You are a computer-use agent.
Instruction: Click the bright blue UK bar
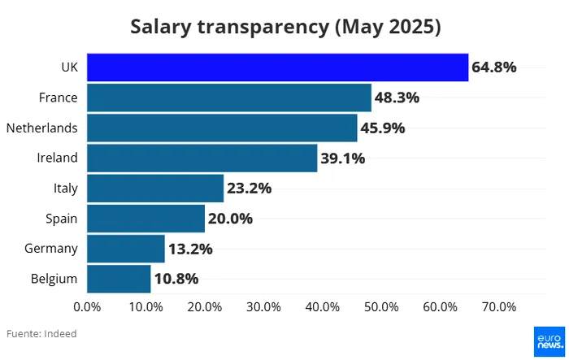277,67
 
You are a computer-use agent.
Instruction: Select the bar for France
228,98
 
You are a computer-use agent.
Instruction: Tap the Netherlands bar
222,128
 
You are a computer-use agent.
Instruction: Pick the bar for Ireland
202,158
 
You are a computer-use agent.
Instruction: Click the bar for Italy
154,188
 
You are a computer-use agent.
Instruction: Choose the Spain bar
146,218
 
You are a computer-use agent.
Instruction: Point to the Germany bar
126,248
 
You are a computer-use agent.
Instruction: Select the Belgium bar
119,278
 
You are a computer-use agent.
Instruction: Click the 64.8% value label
494,67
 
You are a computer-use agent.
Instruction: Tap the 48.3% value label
397,98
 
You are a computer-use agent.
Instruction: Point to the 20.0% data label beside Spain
230,218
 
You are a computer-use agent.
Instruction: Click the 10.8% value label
176,278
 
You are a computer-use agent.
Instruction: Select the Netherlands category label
41,128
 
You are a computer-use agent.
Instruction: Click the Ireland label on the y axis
57,158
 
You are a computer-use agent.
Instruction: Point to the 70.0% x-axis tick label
499,307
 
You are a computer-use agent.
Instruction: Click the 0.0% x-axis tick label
87,307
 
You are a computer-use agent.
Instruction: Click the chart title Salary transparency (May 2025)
284,27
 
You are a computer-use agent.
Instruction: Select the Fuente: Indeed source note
41,333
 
